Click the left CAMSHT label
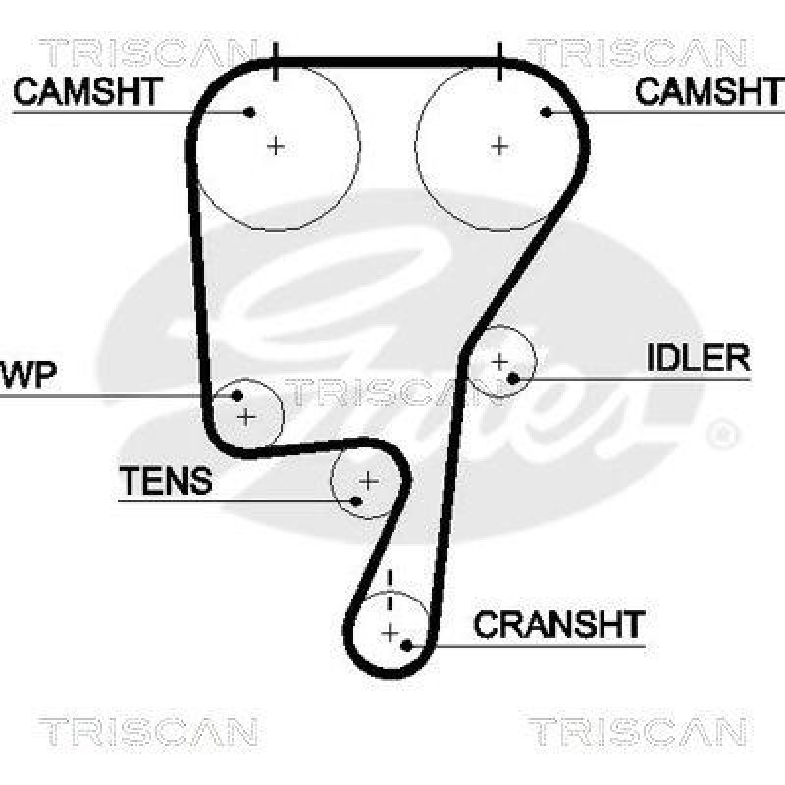[87, 92]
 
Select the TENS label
[165, 481]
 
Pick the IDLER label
[698, 358]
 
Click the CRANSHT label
[558, 624]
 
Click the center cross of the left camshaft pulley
[276, 146]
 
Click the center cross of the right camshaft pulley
[500, 146]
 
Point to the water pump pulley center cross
[246, 417]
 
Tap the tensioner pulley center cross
[368, 481]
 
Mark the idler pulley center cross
[499, 361]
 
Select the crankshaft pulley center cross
[391, 631]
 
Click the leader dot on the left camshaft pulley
[250, 112]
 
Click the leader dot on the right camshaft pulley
[547, 112]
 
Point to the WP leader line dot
[237, 396]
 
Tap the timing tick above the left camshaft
[276, 62]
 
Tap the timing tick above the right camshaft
[500, 62]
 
